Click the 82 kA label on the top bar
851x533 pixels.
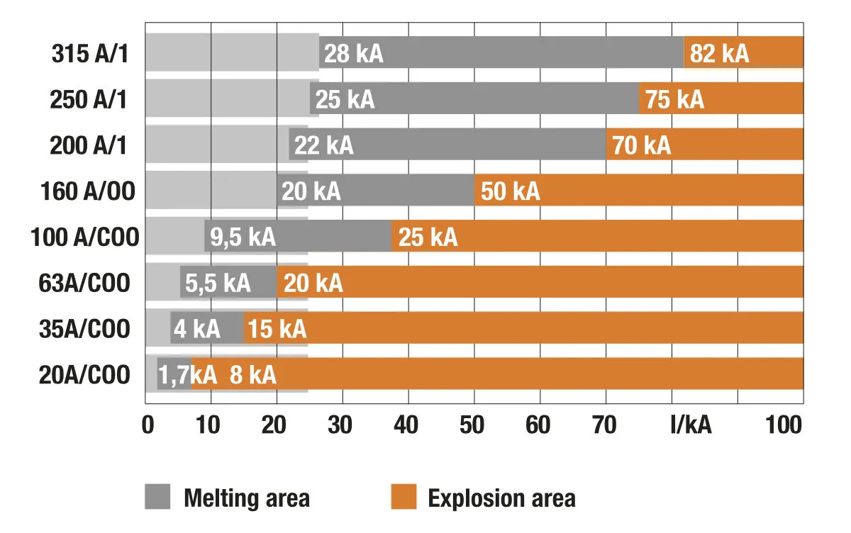(719, 54)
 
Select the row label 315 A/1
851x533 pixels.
(89, 54)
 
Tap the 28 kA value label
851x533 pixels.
(353, 54)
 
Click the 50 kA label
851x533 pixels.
(510, 192)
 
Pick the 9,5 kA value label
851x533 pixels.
(240, 237)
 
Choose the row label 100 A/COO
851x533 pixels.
(85, 237)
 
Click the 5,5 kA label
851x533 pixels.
(218, 284)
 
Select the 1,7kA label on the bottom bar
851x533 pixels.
(187, 375)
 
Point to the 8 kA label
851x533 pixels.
(252, 375)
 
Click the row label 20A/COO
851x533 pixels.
(85, 375)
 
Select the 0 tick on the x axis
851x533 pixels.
(148, 425)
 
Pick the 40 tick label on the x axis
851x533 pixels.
(407, 425)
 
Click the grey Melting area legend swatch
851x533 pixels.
(157, 497)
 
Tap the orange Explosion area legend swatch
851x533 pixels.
(403, 497)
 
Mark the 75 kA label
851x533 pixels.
(674, 100)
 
